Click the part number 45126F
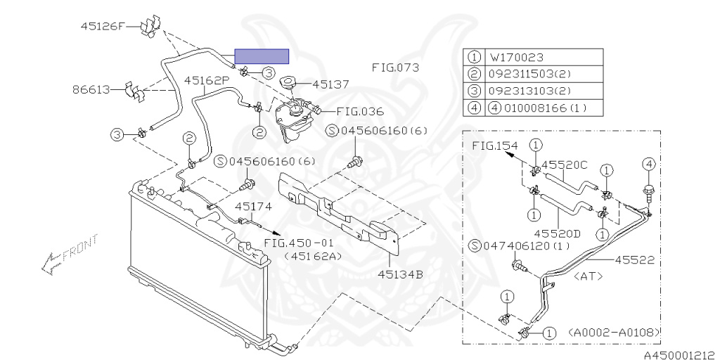coord(101,27)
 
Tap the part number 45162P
coord(207,80)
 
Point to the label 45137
coord(330,84)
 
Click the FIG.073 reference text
coord(395,68)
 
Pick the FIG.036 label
coord(359,110)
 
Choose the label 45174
coord(253,207)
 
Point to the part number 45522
coord(635,259)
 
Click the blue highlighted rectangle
coord(261,56)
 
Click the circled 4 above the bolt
coord(649,164)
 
